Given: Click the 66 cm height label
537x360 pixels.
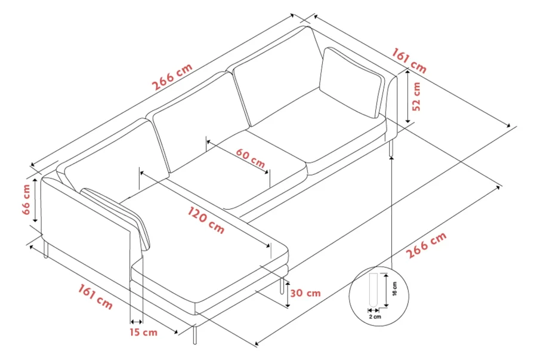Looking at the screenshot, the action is pyautogui.click(x=26, y=199).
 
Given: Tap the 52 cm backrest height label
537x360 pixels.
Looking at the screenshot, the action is pyautogui.click(x=416, y=97).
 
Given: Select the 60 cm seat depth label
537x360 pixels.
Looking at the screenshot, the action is pyautogui.click(x=251, y=158).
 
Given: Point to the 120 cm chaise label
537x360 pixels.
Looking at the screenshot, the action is pyautogui.click(x=206, y=220).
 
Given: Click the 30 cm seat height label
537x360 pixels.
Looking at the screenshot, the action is pyautogui.click(x=305, y=293).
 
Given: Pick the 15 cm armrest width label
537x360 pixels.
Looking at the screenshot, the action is pyautogui.click(x=143, y=332).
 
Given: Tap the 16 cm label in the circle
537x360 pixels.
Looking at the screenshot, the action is pyautogui.click(x=394, y=289).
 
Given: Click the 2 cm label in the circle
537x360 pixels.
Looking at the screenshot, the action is pyautogui.click(x=375, y=316).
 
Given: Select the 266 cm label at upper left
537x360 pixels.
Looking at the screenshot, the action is pyautogui.click(x=172, y=77).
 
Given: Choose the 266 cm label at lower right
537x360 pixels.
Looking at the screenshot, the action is pyautogui.click(x=426, y=245).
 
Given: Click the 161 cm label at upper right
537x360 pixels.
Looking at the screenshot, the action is pyautogui.click(x=409, y=61).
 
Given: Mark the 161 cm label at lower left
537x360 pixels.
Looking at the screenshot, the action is pyautogui.click(x=95, y=297).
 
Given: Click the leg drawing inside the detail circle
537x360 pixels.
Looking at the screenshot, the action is pyautogui.click(x=373, y=290).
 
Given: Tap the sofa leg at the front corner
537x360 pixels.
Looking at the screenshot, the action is pyautogui.click(x=195, y=335).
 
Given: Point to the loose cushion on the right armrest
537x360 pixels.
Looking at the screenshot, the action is pyautogui.click(x=350, y=82).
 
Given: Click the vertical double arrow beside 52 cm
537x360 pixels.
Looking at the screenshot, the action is pyautogui.click(x=407, y=96).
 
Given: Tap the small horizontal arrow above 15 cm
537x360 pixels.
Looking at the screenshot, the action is pyautogui.click(x=136, y=322).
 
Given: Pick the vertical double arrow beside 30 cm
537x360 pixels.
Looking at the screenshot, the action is pyautogui.click(x=288, y=294).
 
